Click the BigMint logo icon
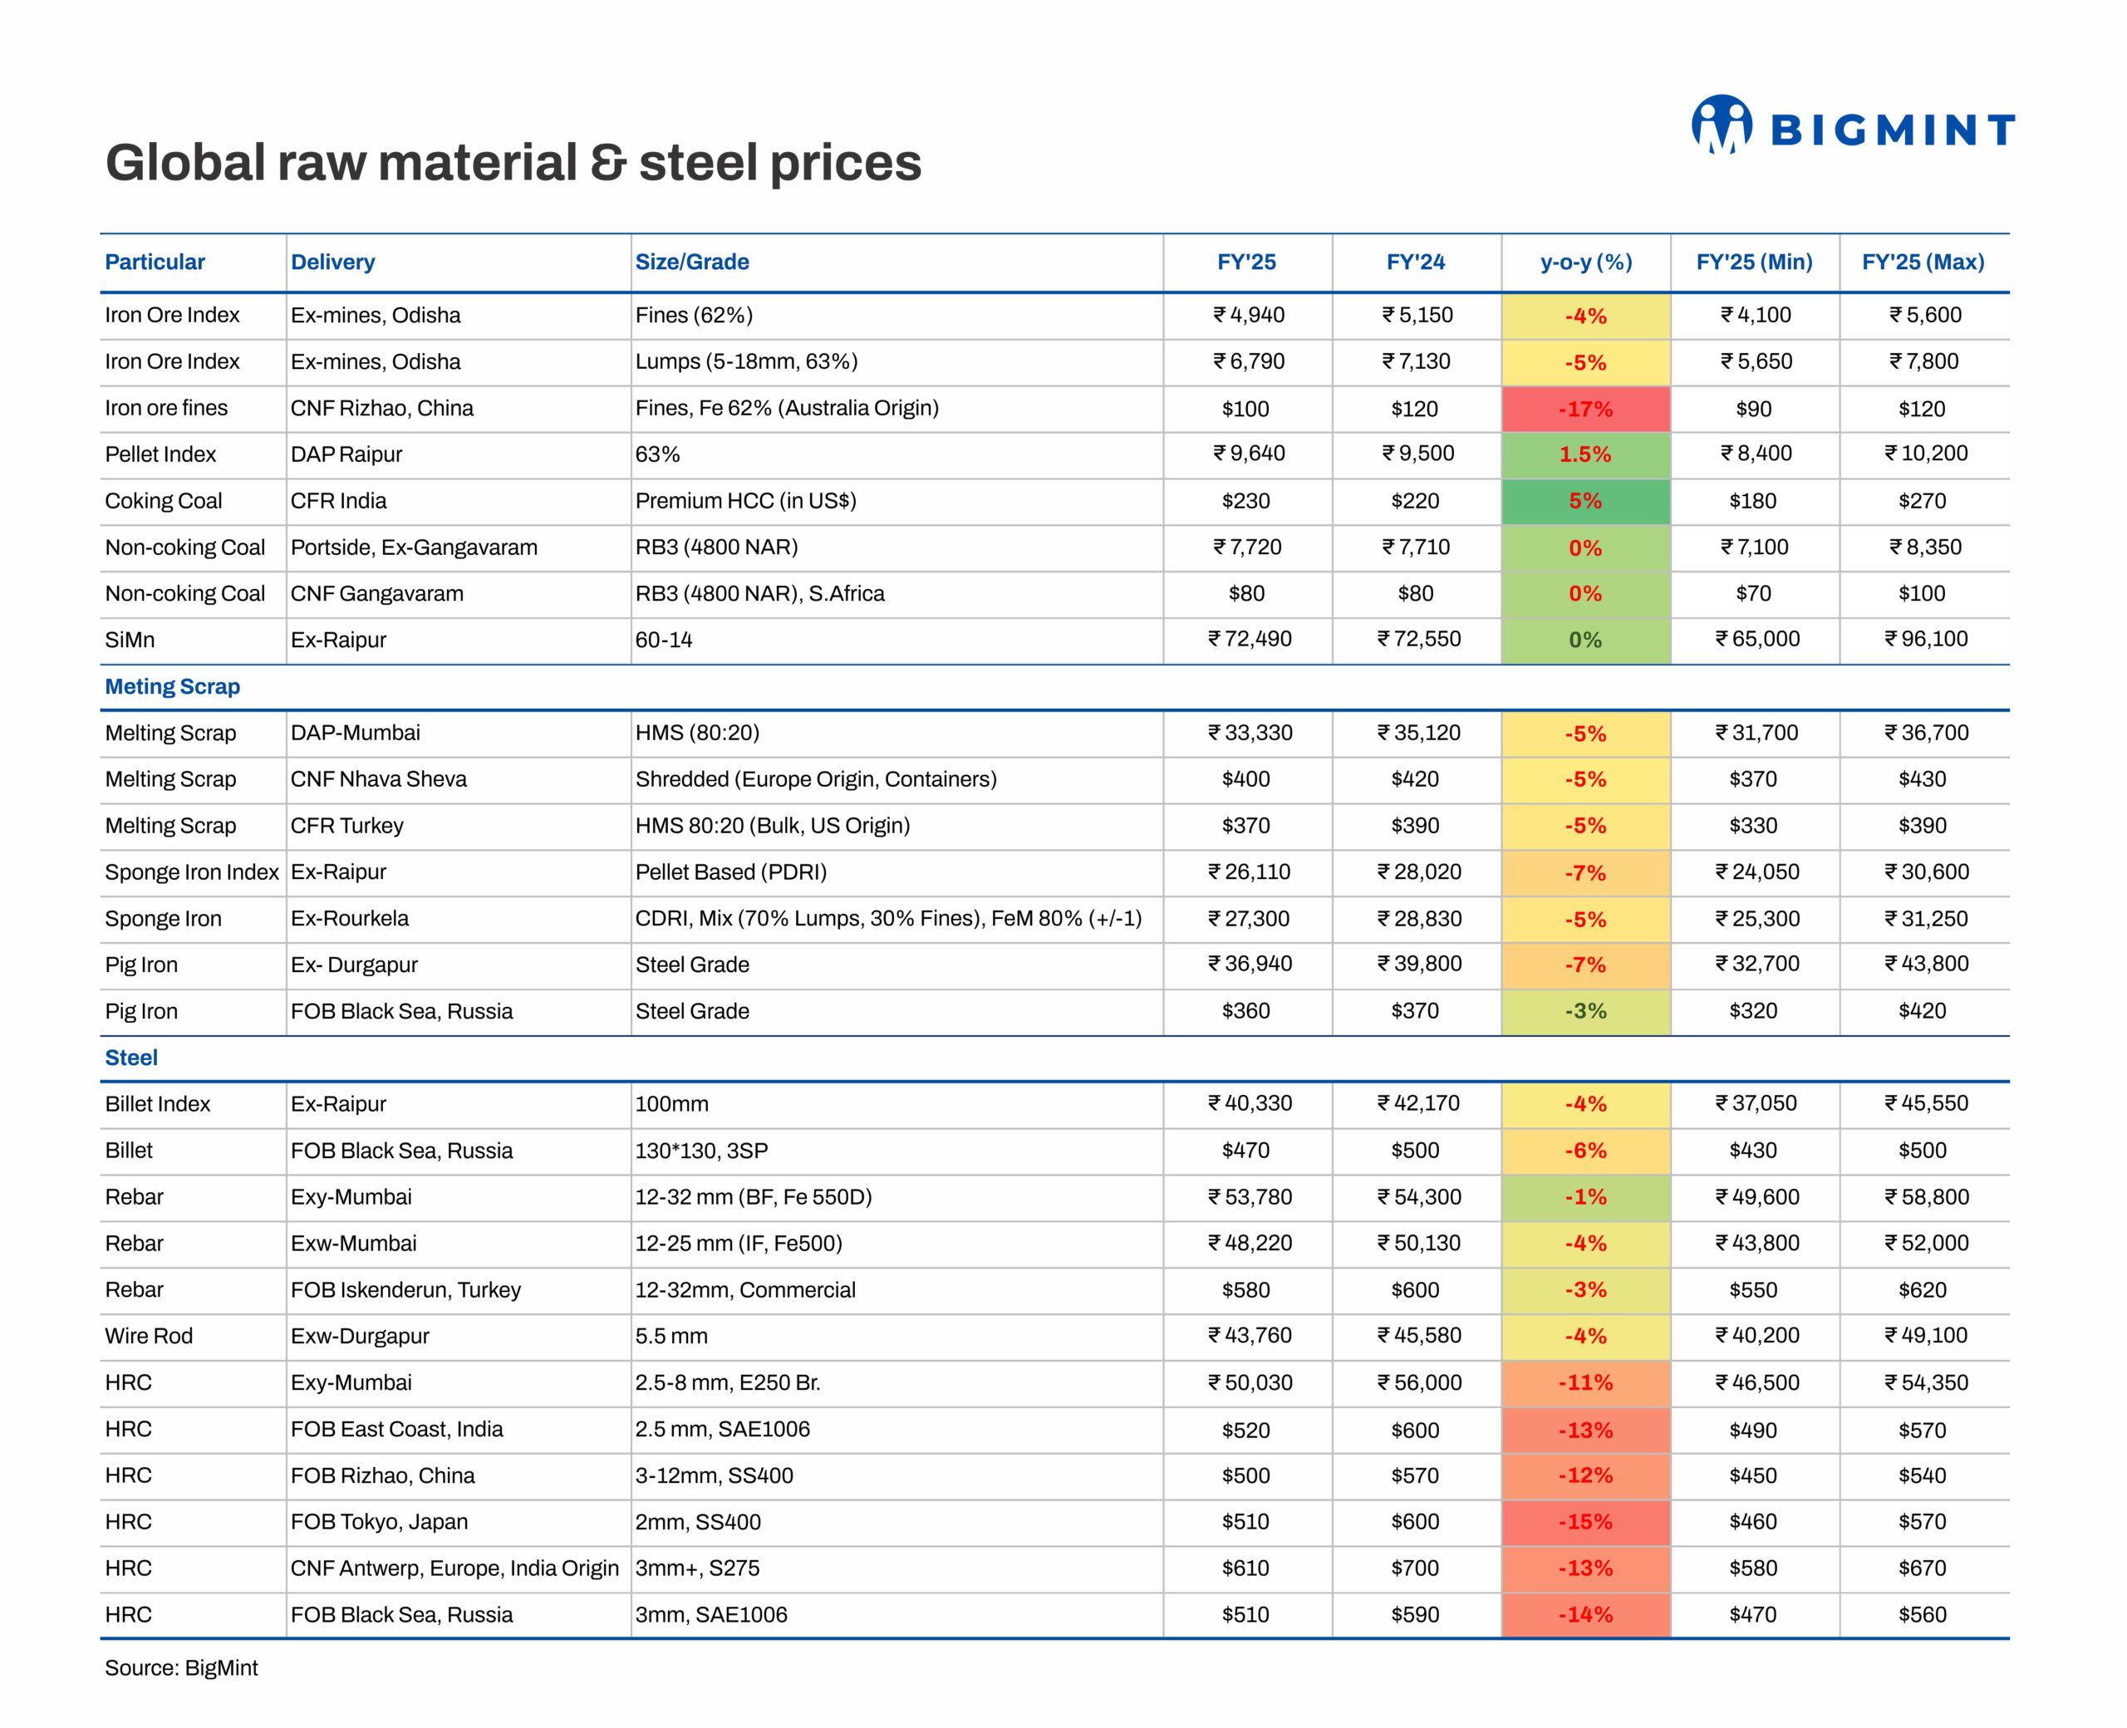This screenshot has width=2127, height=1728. [x=1721, y=125]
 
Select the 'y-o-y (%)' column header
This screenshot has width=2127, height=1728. [x=1585, y=262]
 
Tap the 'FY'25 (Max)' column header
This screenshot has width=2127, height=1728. [x=1922, y=262]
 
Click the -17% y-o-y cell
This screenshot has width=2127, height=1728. [x=1584, y=409]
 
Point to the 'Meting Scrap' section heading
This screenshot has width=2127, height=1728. [x=172, y=687]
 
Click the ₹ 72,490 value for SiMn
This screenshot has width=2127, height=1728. [x=1249, y=639]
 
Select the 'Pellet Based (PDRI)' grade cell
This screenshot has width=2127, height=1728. [x=730, y=872]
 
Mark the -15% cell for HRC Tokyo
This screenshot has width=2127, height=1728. [x=1584, y=1522]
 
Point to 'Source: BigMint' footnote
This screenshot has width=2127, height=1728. [x=181, y=1668]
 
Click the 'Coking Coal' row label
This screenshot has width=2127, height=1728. [x=163, y=501]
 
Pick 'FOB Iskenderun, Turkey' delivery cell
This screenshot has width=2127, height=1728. [x=405, y=1290]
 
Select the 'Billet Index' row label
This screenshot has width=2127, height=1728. [x=157, y=1104]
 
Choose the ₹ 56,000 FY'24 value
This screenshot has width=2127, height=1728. [x=1418, y=1382]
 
